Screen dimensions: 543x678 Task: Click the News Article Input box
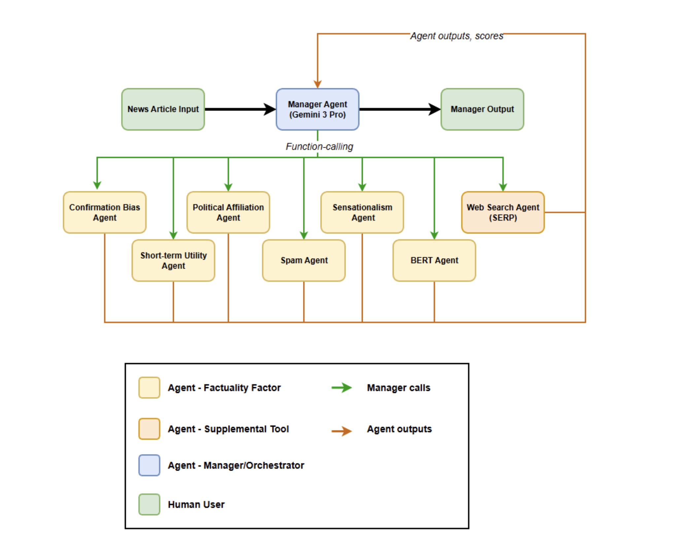163,109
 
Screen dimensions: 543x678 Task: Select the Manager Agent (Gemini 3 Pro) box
317,109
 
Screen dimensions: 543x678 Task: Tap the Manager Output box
482,109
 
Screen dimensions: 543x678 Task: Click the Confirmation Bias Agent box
104,212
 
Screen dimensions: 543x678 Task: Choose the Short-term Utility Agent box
173,261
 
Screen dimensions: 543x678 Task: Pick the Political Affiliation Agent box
228,212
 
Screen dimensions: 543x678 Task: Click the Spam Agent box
304,261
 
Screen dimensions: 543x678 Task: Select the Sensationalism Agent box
362,212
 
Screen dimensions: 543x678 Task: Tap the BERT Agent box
434,261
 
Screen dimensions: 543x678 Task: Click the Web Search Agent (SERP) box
502,212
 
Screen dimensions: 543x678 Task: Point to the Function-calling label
319,146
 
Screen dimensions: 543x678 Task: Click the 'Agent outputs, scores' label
457,36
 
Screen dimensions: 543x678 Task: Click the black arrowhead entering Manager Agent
270,109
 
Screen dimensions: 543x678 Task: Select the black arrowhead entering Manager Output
435,109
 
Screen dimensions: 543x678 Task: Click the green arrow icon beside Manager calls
342,387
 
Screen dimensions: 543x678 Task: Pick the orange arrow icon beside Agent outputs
342,431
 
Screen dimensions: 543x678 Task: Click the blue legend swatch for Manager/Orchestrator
149,465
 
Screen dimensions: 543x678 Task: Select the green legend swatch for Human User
149,504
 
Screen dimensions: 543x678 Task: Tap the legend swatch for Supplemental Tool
149,429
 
